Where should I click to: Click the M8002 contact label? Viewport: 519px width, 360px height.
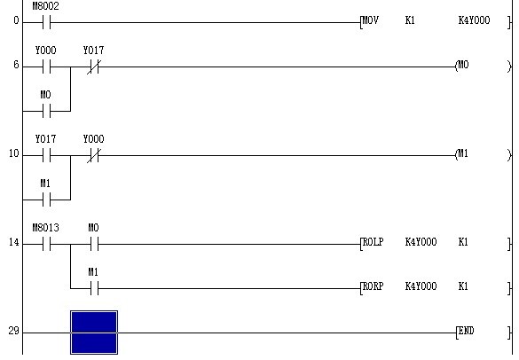(45, 6)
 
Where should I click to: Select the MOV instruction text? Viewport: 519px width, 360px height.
(370, 20)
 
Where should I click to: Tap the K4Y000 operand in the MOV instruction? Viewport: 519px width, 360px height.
(474, 20)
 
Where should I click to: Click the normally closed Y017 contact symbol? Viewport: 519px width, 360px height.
(94, 67)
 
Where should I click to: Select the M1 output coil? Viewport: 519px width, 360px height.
(462, 153)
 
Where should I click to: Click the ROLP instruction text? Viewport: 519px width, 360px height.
(373, 242)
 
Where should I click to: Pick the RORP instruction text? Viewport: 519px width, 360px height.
(373, 286)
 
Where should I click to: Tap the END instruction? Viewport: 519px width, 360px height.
(466, 331)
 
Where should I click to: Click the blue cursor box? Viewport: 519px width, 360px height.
(94, 333)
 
